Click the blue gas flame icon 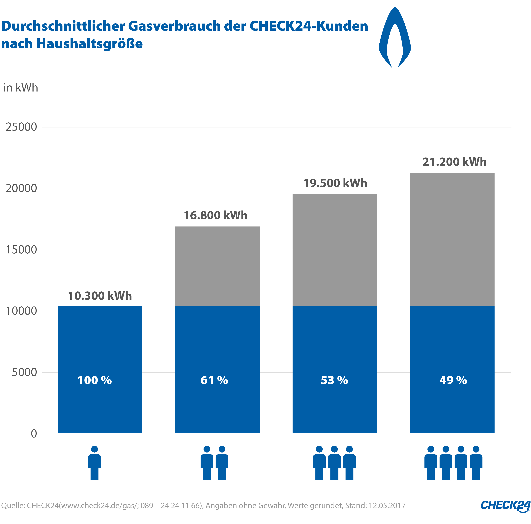click(x=395, y=39)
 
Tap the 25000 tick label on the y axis click(x=21, y=127)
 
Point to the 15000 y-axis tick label click(x=21, y=250)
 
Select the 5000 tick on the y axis click(x=24, y=372)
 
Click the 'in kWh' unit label click(x=21, y=88)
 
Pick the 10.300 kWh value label click(x=100, y=296)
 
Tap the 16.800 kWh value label click(x=216, y=215)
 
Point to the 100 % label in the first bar click(x=95, y=380)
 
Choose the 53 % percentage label click(x=334, y=380)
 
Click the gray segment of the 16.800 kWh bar click(x=217, y=266)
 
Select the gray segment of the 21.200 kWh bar click(x=452, y=239)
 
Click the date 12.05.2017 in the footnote click(x=387, y=506)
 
